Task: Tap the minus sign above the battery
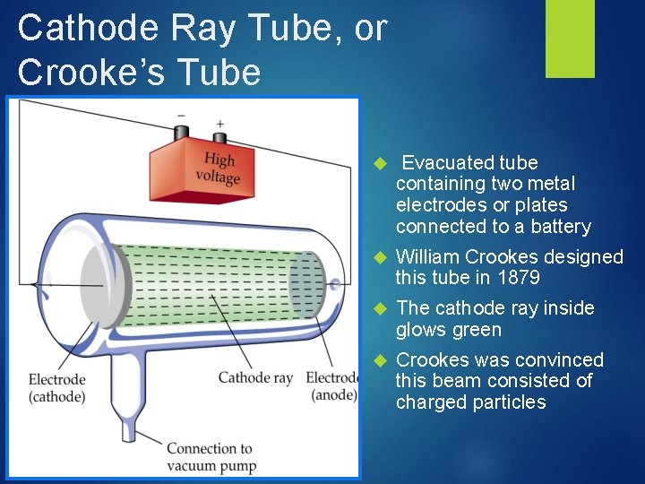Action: click(181, 116)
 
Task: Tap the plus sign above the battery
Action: click(219, 123)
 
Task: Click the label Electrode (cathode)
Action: click(56, 387)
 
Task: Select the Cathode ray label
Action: click(255, 377)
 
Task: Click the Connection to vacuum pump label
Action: click(211, 456)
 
